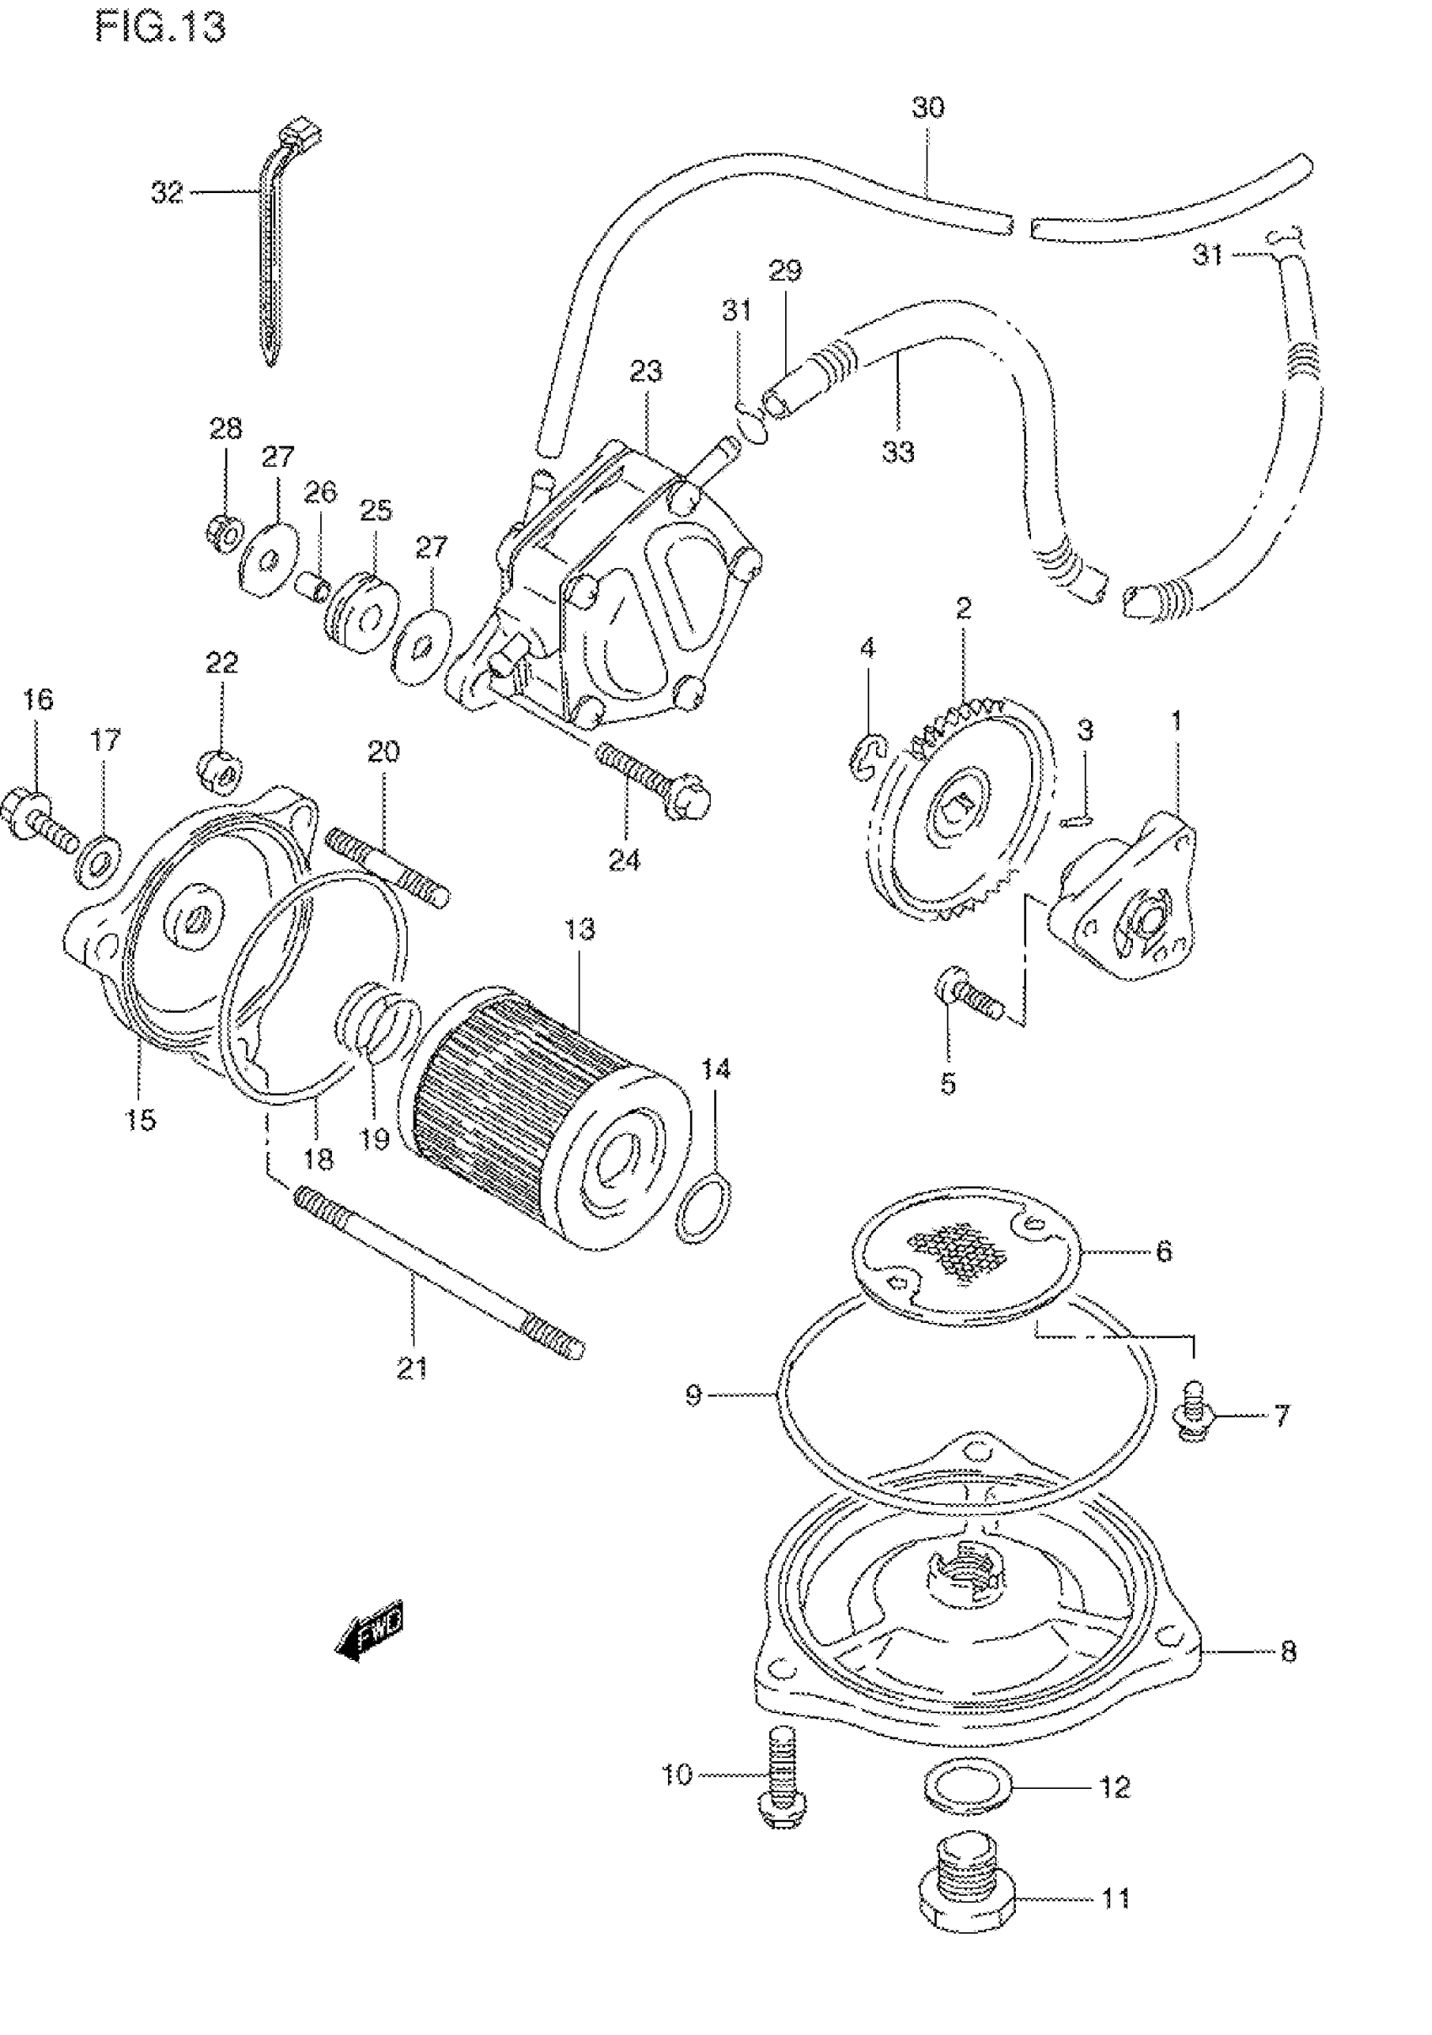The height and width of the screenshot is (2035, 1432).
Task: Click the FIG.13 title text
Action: click(x=160, y=28)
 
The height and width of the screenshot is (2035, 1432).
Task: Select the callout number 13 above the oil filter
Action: click(x=580, y=929)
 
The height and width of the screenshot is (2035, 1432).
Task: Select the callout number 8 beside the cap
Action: click(x=1289, y=1652)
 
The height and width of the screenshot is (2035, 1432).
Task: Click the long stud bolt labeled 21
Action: click(x=440, y=1269)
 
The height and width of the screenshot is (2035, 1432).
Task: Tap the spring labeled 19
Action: click(x=377, y=1019)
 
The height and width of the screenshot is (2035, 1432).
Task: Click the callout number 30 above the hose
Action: click(x=927, y=107)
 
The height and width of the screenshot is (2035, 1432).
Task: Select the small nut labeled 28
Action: click(x=225, y=532)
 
